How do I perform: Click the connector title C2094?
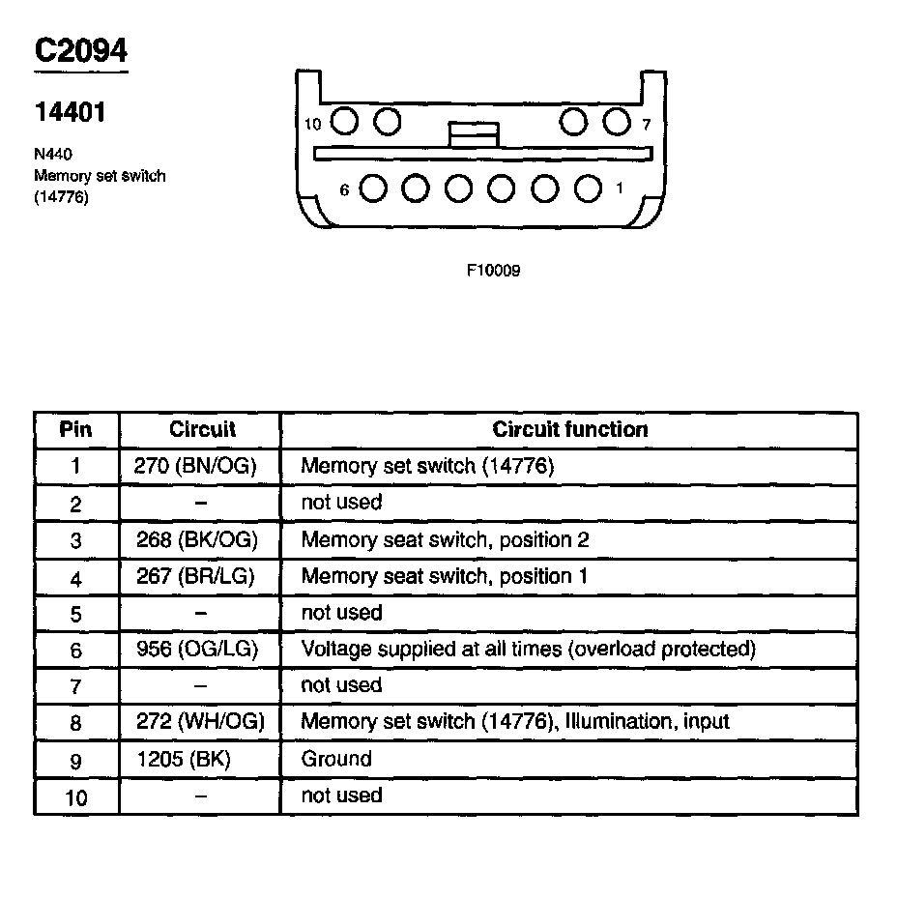point(81,49)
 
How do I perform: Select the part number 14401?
point(70,112)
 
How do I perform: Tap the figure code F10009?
point(493,271)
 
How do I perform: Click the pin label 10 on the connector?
point(312,124)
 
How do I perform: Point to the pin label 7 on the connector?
point(645,124)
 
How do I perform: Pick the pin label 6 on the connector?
point(344,190)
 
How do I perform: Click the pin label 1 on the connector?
point(620,188)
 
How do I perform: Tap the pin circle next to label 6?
point(373,188)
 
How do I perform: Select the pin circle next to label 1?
point(588,188)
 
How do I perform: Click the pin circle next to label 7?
point(616,122)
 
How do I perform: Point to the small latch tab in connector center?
point(474,134)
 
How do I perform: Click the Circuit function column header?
point(570,429)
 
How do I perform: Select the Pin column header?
point(76,429)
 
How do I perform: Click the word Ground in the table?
point(336,759)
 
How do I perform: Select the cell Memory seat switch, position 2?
point(445,539)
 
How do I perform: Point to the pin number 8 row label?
point(76,723)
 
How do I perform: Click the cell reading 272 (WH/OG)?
point(199,722)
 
